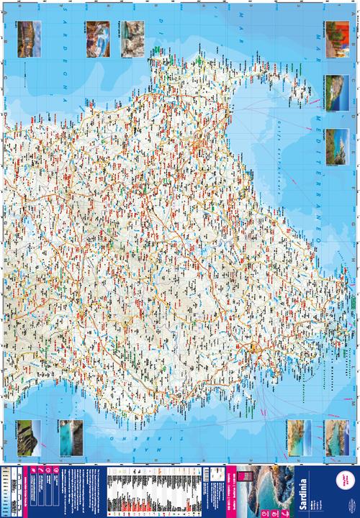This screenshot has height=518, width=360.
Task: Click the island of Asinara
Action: click(302, 90)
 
